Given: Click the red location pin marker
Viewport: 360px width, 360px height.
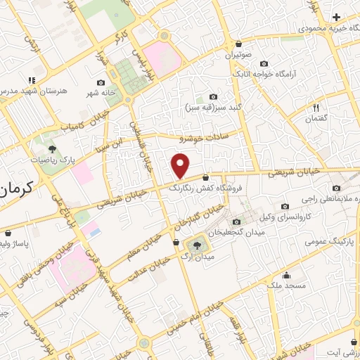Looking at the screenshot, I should (x=181, y=167).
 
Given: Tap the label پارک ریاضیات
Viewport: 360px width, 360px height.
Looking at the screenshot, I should (x=51, y=160).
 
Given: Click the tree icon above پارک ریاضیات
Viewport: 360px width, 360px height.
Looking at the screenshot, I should (x=51, y=148).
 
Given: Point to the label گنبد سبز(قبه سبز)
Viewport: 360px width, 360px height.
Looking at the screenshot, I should (x=214, y=108).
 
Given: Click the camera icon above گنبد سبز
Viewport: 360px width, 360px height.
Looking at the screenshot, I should (x=214, y=97).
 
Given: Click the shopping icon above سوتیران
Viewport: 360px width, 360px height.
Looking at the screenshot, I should (x=238, y=44).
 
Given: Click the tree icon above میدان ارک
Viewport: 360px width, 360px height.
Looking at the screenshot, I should (x=196, y=245).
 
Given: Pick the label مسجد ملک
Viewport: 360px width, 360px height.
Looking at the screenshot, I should (x=285, y=285).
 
